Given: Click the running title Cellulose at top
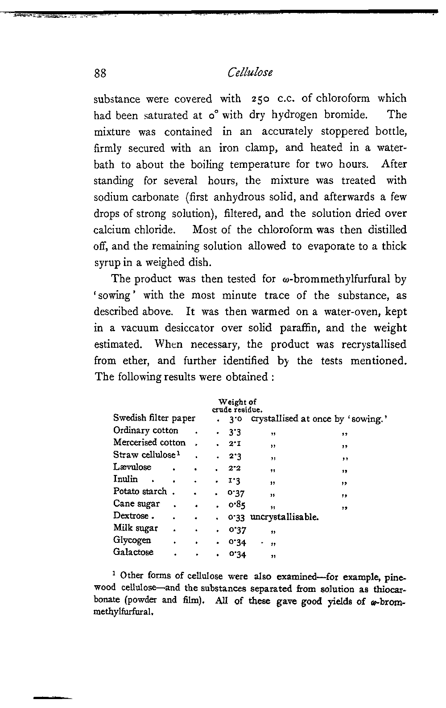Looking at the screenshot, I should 250,72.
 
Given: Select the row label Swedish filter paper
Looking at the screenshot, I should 154,418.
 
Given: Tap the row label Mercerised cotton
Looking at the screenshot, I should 149,442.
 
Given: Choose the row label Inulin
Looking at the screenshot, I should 125,479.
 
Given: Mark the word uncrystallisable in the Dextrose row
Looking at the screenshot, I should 285,517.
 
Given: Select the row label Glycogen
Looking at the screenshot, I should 132,540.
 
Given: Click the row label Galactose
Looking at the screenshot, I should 133,552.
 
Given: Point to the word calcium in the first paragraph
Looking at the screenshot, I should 111,230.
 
